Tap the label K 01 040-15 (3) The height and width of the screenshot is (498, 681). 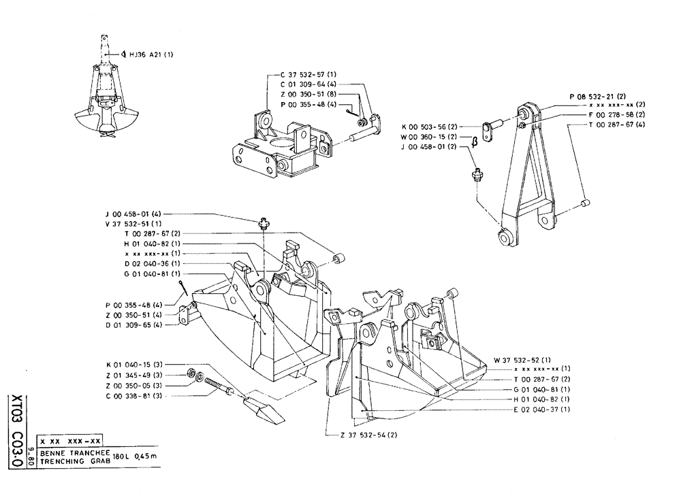point(133,365)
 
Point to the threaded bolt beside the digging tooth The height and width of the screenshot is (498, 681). point(217,386)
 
